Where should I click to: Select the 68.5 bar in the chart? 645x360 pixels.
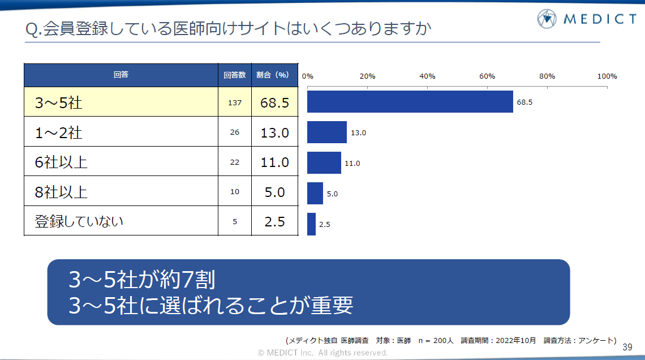pyautogui.click(x=410, y=102)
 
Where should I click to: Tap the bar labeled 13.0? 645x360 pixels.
pyautogui.click(x=326, y=132)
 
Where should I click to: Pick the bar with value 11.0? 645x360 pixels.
pyautogui.click(x=324, y=162)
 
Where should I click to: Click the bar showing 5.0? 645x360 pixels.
pyautogui.click(x=315, y=193)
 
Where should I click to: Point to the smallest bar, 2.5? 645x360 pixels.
pyautogui.click(x=311, y=224)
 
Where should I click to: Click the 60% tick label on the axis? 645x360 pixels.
pyautogui.click(x=487, y=76)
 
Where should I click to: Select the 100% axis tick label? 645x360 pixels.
pyautogui.click(x=607, y=76)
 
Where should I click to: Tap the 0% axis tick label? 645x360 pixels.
pyautogui.click(x=308, y=76)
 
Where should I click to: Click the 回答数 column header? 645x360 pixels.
pyautogui.click(x=234, y=75)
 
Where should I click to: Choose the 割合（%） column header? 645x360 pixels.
pyautogui.click(x=274, y=75)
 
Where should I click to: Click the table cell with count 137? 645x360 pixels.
pyautogui.click(x=234, y=102)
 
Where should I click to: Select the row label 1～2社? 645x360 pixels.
pyautogui.click(x=59, y=132)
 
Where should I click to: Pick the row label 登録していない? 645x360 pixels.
pyautogui.click(x=79, y=221)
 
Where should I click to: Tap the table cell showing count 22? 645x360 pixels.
pyautogui.click(x=234, y=162)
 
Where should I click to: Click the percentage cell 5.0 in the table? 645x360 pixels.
pyautogui.click(x=274, y=192)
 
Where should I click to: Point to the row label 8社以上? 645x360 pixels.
pyautogui.click(x=61, y=192)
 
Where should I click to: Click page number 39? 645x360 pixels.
pyautogui.click(x=627, y=347)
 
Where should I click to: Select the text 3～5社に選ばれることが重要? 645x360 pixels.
pyautogui.click(x=210, y=306)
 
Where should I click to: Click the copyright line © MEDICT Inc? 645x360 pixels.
pyautogui.click(x=322, y=353)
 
